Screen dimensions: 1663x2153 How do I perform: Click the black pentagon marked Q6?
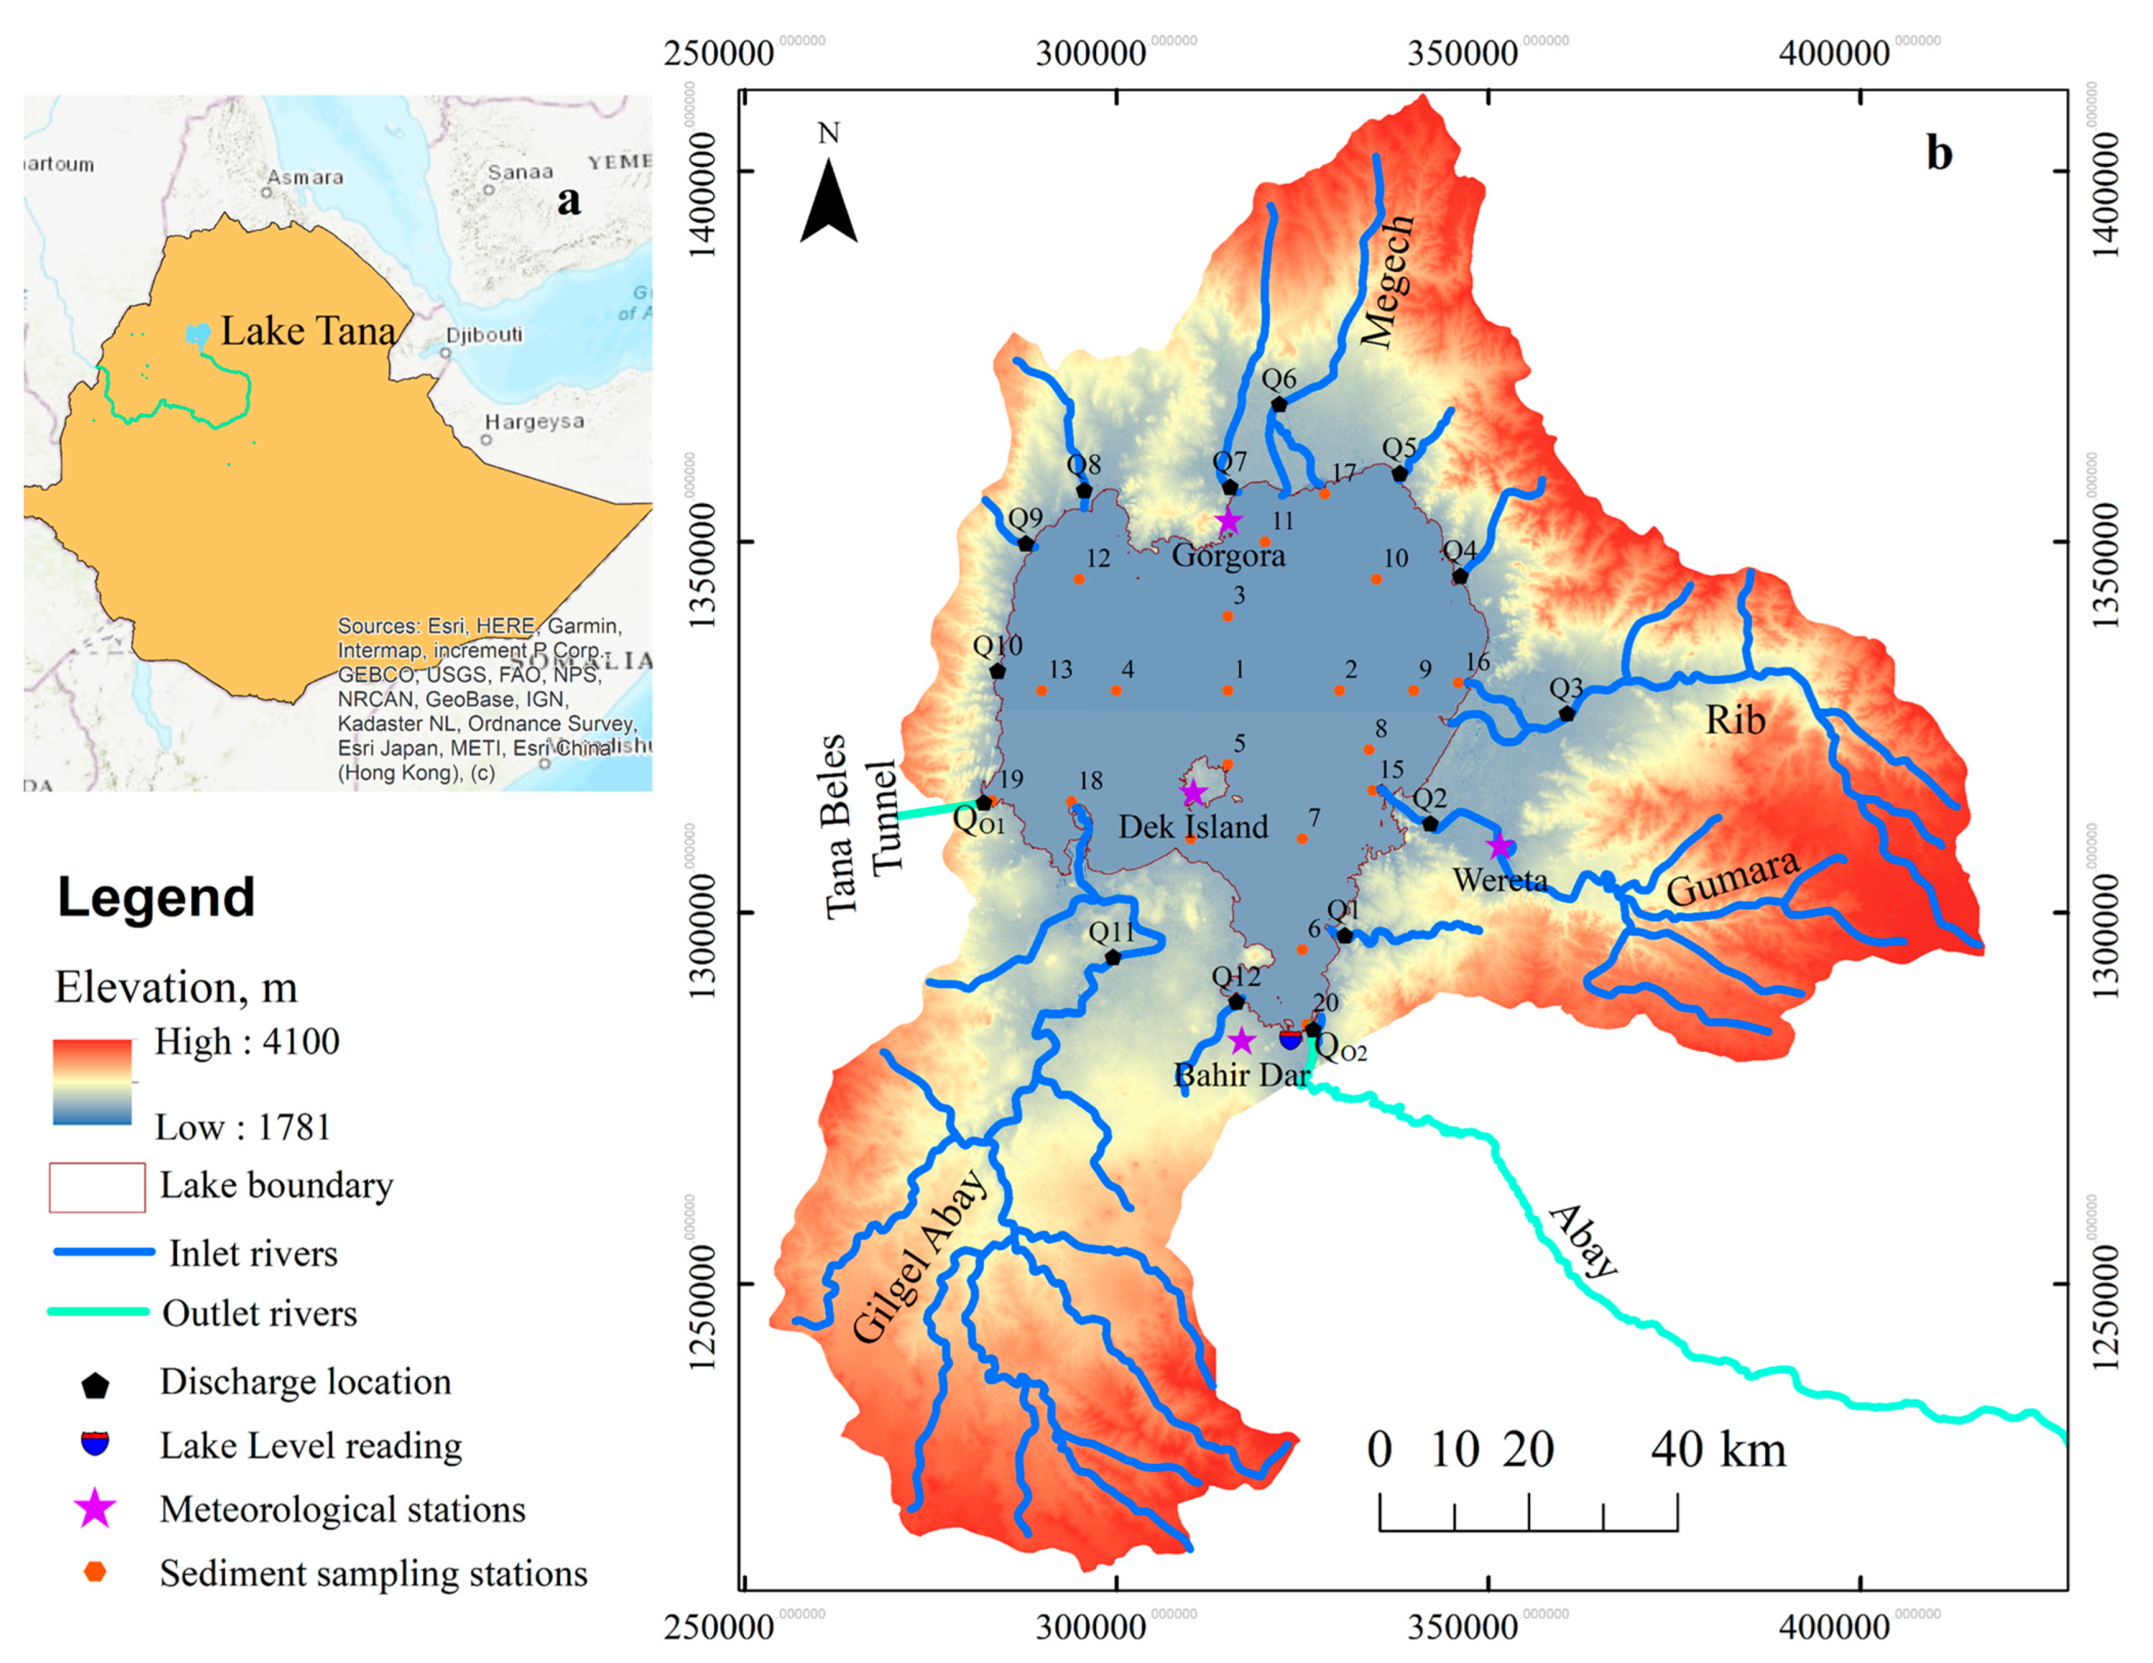(1279, 404)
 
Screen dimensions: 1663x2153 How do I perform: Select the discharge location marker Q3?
(1567, 713)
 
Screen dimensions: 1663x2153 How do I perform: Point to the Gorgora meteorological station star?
(1227, 522)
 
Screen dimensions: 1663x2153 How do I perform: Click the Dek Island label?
(1192, 826)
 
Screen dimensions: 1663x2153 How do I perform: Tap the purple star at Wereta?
(1500, 846)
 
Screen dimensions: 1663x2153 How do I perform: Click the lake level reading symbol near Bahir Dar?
(1289, 1039)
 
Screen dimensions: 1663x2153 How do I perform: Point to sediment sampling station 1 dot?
(1227, 690)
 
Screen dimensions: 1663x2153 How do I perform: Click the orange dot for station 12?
(1079, 578)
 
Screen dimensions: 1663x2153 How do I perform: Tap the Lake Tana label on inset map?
(308, 331)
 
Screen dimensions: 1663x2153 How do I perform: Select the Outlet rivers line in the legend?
(98, 1312)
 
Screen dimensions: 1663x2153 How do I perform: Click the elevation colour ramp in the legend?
(92, 1082)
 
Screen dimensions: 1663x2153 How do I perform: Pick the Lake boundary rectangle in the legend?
(96, 1187)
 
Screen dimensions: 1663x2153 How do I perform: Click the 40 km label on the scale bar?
(1718, 1450)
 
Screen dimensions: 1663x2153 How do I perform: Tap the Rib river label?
(1735, 720)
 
